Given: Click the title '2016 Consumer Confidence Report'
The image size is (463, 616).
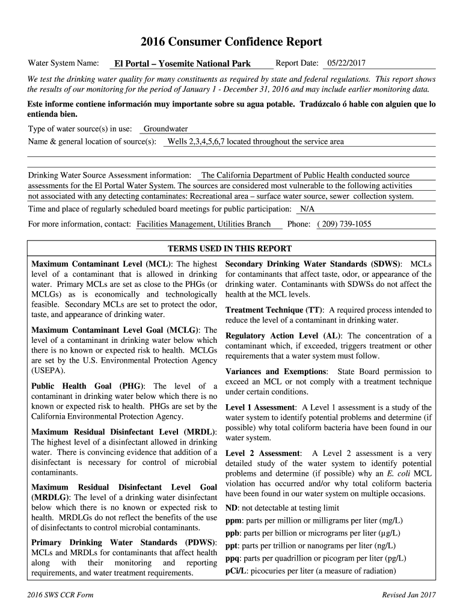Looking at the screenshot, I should click(231, 42).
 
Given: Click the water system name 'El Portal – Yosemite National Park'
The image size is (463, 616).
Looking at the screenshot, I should click(183, 64).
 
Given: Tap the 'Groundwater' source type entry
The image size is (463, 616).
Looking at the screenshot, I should click(165, 129).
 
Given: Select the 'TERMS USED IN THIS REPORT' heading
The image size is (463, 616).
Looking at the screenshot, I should click(230, 248).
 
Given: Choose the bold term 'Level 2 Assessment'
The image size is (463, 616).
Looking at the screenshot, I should click(263, 453).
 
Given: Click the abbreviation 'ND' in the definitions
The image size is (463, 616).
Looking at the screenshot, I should click(231, 508).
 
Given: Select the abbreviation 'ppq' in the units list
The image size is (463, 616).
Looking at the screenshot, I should click(233, 558).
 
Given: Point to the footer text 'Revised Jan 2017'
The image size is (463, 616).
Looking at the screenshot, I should click(409, 596).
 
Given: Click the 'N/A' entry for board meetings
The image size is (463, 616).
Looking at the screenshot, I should click(307, 209).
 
